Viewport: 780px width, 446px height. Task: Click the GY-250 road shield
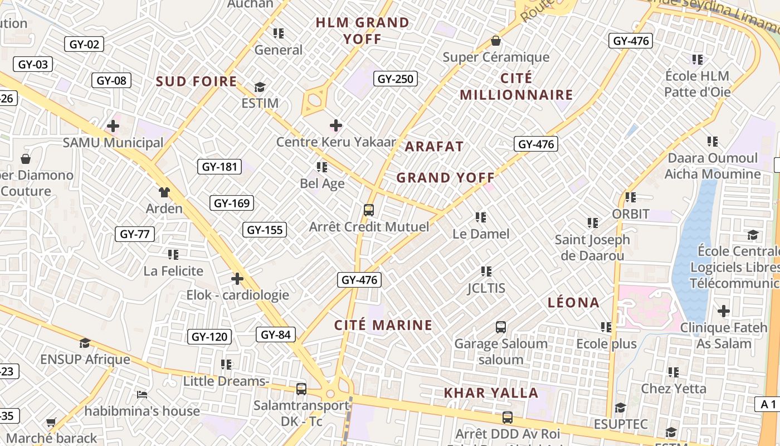click(x=396, y=79)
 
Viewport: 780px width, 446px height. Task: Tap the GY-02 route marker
click(x=84, y=44)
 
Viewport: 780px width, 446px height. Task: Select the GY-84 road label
click(x=276, y=334)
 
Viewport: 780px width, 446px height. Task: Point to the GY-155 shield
click(x=265, y=230)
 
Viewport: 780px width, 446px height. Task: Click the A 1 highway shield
click(x=768, y=404)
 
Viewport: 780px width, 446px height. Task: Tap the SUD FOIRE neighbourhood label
click(x=197, y=81)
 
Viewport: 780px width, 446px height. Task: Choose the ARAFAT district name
click(x=434, y=147)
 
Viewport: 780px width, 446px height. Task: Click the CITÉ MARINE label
click(x=383, y=325)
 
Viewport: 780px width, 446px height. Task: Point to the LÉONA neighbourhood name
click(x=573, y=303)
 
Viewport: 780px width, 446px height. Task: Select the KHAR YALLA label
click(x=491, y=393)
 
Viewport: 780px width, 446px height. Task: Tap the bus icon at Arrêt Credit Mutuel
click(x=368, y=210)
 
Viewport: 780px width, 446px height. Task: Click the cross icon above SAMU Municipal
click(x=113, y=125)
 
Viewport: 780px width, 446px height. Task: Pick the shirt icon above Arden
click(x=164, y=192)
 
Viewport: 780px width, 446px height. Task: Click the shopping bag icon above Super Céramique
click(x=495, y=41)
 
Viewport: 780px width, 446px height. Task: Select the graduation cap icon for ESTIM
click(x=260, y=88)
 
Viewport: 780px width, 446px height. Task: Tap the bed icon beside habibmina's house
click(x=142, y=395)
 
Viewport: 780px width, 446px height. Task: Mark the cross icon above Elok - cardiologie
click(x=237, y=278)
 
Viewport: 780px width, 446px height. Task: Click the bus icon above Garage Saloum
click(x=500, y=327)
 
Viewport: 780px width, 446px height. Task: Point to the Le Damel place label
click(x=481, y=234)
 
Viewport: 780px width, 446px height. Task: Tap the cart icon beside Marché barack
click(x=51, y=422)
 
